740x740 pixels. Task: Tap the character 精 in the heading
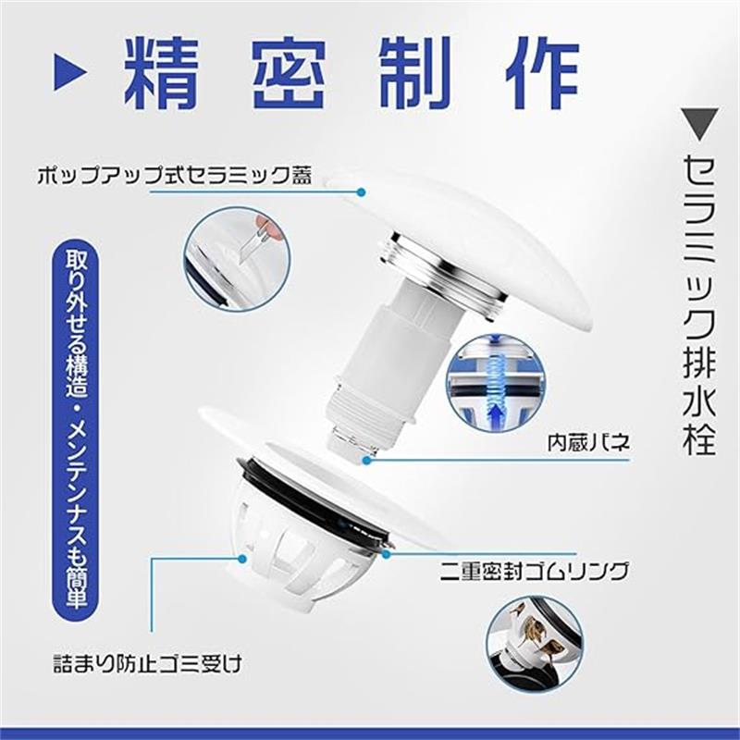click(x=160, y=72)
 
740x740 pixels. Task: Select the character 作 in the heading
click(x=542, y=72)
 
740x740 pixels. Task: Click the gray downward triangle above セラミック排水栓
click(x=699, y=124)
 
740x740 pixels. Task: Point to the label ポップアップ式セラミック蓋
click(x=175, y=176)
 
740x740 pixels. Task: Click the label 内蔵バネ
click(x=588, y=443)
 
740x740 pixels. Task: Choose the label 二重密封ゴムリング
click(x=534, y=571)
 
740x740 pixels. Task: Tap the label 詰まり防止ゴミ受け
click(x=147, y=663)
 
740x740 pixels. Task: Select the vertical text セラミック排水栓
click(x=699, y=304)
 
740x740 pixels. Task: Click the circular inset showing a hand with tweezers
click(x=237, y=259)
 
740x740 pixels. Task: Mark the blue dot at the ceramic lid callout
click(x=362, y=192)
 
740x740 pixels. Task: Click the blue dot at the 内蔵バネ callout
click(x=367, y=460)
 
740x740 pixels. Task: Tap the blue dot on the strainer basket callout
click(x=242, y=559)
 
